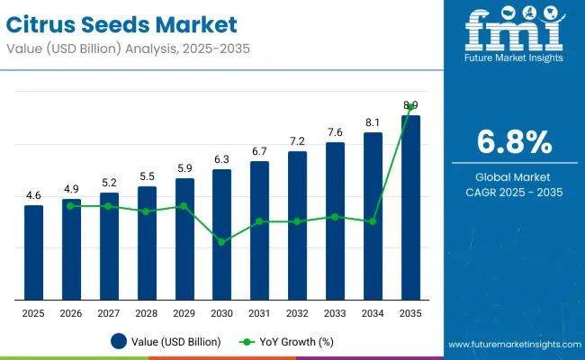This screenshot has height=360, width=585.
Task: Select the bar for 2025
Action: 33,252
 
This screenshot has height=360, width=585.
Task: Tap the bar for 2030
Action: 221,234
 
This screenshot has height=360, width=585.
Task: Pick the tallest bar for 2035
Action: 410,207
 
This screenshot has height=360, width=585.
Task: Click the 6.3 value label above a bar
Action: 221,159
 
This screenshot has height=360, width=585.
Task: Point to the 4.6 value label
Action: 33,195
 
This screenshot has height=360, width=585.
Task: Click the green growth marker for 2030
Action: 221,242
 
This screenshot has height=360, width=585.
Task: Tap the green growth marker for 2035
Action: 410,107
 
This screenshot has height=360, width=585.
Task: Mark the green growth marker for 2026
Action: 71,206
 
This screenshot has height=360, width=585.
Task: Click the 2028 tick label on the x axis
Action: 147,312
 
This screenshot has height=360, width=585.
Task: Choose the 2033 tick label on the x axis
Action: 335,312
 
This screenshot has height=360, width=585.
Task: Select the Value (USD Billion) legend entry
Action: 170,341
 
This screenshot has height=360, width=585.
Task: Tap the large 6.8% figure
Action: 512,142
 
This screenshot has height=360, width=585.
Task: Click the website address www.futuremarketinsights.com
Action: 512,345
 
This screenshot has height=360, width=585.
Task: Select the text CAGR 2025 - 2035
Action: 512,192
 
